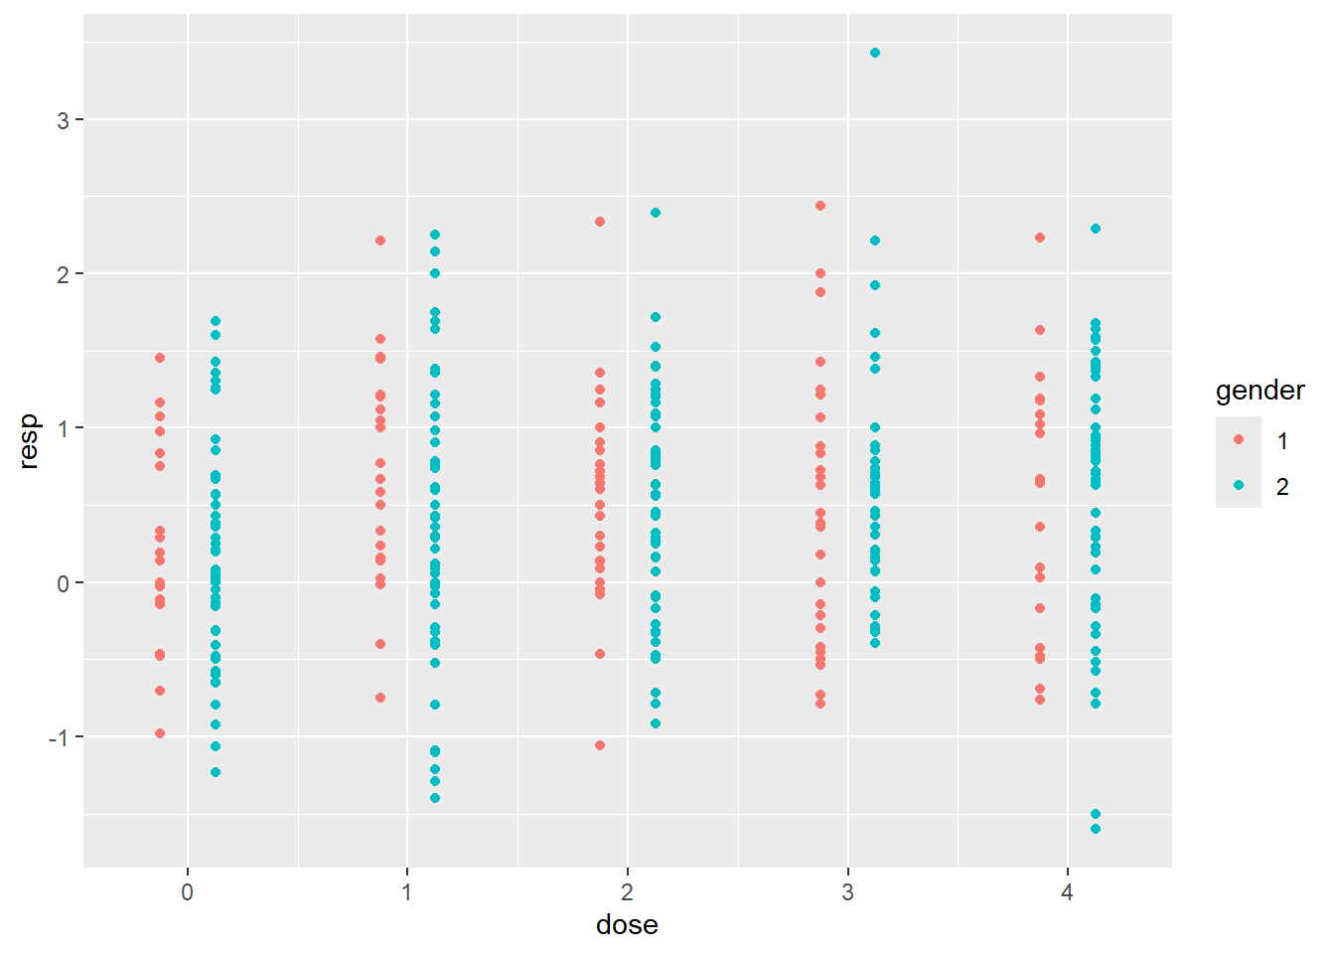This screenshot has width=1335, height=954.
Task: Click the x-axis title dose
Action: (627, 925)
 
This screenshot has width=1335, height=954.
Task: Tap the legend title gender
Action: (1260, 391)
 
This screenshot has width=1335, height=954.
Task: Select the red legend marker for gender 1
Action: (1238, 439)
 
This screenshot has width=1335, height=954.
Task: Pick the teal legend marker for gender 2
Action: (1238, 485)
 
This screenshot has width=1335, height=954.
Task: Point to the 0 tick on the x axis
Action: (188, 892)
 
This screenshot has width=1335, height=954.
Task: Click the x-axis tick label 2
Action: (628, 892)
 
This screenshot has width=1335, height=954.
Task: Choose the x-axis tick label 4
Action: (1068, 892)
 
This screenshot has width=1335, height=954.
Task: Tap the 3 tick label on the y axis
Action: (64, 120)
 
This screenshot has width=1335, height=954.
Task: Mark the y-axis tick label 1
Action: (64, 428)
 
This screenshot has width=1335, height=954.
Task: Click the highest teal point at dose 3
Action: (875, 53)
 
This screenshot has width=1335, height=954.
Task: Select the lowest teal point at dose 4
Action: (1096, 829)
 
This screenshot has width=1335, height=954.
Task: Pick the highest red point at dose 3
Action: (820, 206)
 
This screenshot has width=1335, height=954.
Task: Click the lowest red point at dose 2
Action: (600, 745)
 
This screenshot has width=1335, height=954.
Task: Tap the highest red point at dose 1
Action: (380, 240)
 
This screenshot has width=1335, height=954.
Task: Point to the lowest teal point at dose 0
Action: (216, 772)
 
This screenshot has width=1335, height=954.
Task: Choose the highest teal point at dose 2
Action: (656, 213)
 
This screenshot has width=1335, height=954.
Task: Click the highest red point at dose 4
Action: (1040, 238)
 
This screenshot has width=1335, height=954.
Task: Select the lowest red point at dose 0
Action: (160, 733)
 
